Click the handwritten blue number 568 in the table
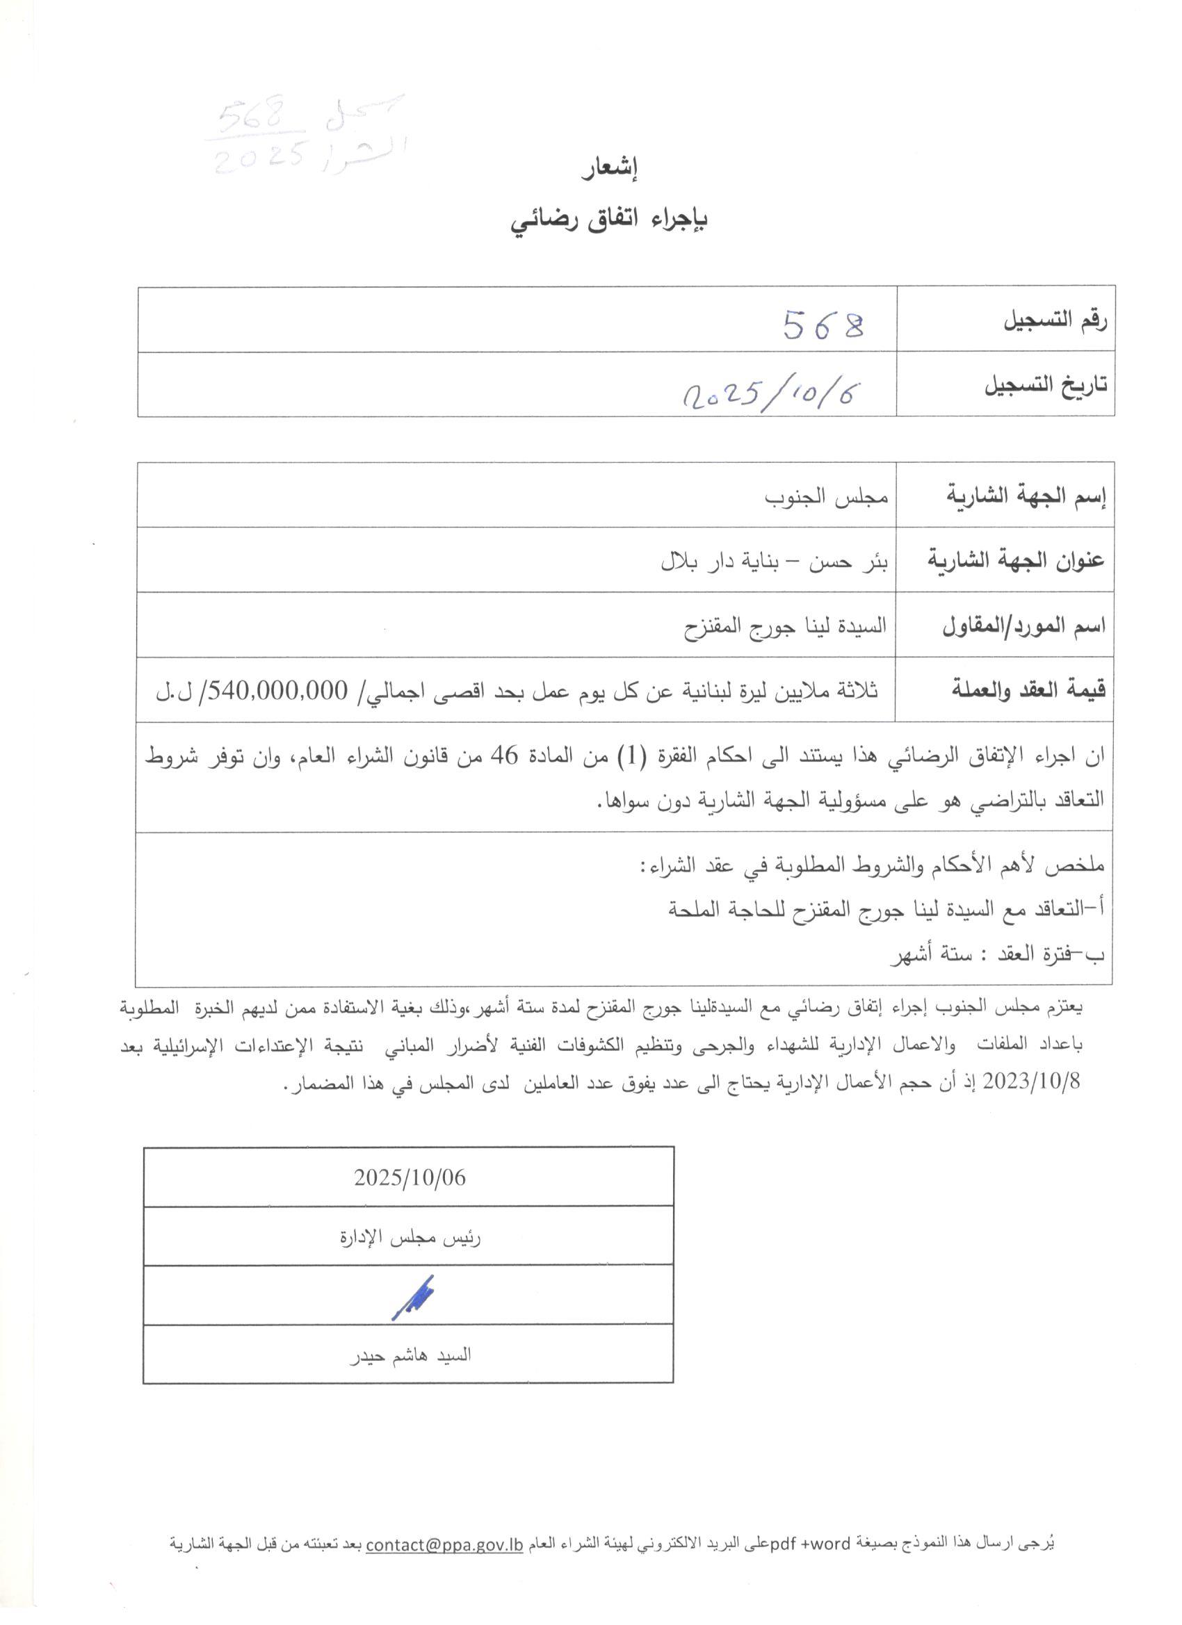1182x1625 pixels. tap(824, 325)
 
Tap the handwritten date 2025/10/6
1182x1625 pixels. tap(771, 393)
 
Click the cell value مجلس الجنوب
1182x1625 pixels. tap(827, 496)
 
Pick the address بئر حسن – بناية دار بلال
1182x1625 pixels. tap(774, 561)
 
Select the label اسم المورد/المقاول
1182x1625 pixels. tap(1023, 626)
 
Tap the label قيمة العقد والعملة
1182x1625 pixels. tap(1028, 690)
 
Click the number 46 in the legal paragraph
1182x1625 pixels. tap(503, 756)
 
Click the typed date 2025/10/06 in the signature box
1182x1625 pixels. tap(410, 1178)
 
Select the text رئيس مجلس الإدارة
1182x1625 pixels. tap(410, 1237)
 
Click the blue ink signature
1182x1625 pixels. tap(414, 1296)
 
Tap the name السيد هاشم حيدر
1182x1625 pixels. tap(410, 1355)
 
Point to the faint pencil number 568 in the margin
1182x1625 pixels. tap(252, 117)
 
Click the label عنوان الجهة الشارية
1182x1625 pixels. tap(1016, 560)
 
